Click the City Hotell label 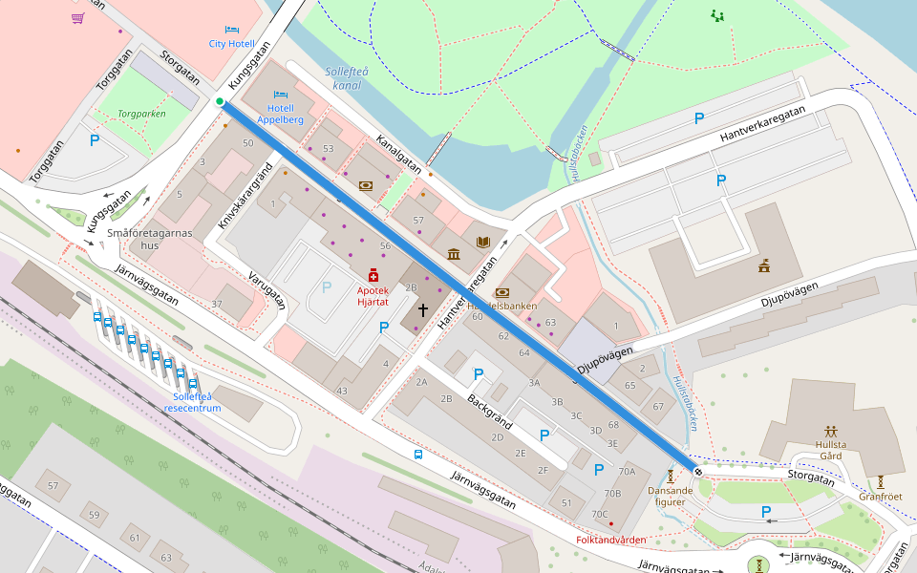point(231,44)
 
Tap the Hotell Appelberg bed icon point(280,95)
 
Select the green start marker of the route point(220,101)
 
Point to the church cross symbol point(422,310)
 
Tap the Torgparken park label point(141,114)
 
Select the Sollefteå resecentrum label point(191,402)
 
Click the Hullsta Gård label point(831,450)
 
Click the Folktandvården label point(612,540)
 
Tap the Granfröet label point(880,497)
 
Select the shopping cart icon point(77,18)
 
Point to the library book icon point(482,242)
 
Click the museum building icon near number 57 point(453,254)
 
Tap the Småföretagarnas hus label point(151,239)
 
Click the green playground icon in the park point(717,15)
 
